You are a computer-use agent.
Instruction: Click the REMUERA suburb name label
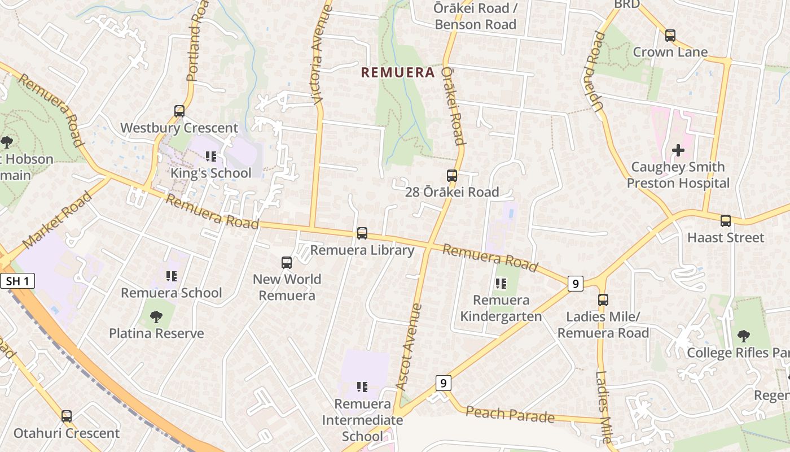pos(398,72)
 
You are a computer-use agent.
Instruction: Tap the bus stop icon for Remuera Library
pos(362,233)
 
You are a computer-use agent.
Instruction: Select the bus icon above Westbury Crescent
pos(179,111)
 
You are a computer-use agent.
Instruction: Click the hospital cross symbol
pos(678,150)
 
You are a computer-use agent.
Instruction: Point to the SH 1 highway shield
pos(17,281)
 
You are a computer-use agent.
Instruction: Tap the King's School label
pos(210,173)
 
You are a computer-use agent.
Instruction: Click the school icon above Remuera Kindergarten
pos(501,284)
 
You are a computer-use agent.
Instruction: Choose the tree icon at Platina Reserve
pos(156,317)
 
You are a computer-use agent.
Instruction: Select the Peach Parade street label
pos(510,414)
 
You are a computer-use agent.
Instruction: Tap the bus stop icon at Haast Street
pos(726,221)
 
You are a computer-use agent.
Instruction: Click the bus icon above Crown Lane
pos(670,36)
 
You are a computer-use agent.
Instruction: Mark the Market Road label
pos(58,220)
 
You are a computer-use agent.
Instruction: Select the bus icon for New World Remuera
pos(287,263)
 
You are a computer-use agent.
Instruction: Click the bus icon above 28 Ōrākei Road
pos(451,176)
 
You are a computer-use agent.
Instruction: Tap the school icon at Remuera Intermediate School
pos(362,387)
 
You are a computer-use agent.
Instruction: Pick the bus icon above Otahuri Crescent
pos(67,416)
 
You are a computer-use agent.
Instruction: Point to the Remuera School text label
pos(172,293)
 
